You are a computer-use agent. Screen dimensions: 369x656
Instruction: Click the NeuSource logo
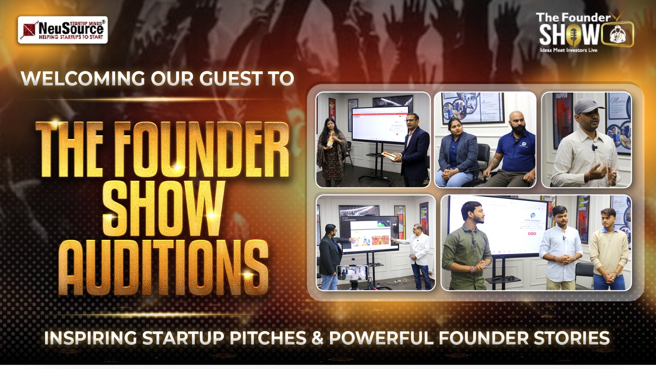pos(63,30)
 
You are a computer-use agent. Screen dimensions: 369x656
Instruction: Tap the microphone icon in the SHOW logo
pos(573,35)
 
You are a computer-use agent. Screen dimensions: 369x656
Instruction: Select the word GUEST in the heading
pos(231,79)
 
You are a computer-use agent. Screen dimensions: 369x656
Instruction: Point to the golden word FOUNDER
pos(201,150)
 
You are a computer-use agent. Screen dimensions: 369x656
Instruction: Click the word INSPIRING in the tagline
pos(90,338)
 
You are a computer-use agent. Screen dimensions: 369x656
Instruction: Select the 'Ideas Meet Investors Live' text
pos(568,50)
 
